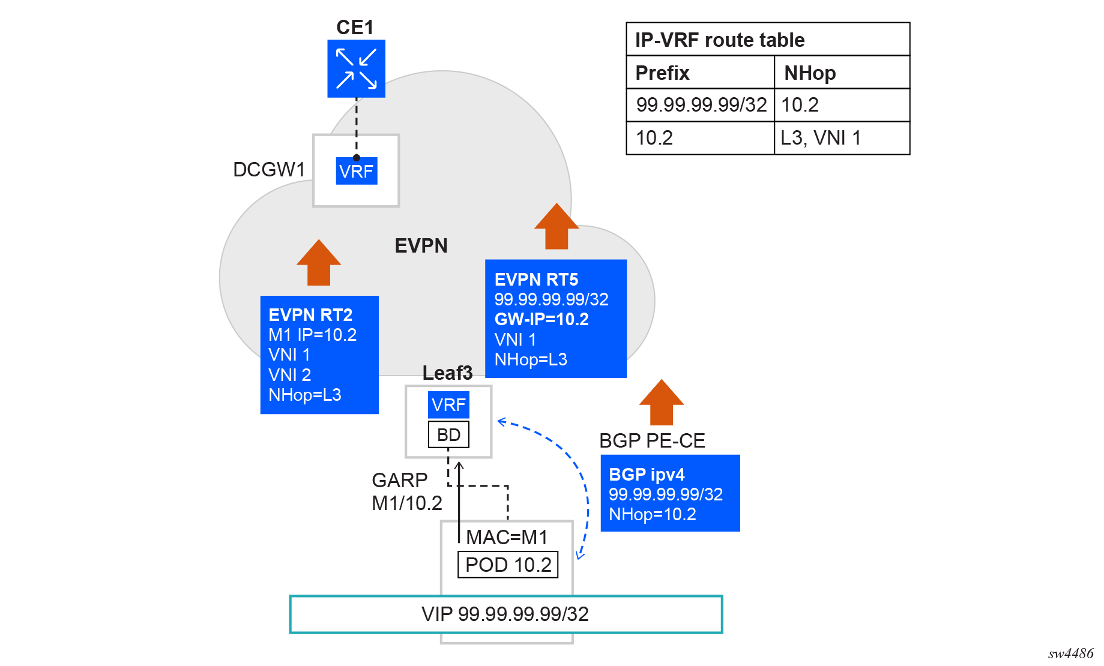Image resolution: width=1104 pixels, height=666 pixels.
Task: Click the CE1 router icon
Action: [356, 68]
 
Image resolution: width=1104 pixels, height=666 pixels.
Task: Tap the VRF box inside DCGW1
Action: [356, 171]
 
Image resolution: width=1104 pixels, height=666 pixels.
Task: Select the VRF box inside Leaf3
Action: [448, 405]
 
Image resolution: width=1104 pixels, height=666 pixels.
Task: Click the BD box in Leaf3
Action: [448, 434]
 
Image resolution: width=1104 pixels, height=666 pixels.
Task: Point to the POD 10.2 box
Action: [508, 565]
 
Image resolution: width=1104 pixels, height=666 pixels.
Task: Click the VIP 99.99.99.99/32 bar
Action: [505, 614]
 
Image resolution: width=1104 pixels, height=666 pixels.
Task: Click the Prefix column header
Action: [662, 73]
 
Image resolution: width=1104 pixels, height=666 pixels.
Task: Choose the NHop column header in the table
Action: [810, 73]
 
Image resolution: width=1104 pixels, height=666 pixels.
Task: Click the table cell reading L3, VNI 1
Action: [821, 138]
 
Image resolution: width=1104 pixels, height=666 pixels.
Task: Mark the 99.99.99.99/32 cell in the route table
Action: [701, 105]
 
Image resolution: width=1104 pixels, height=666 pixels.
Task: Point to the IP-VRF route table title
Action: [720, 40]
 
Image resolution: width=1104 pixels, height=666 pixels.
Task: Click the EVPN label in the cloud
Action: [421, 245]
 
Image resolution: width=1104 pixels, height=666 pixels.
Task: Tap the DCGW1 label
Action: [269, 170]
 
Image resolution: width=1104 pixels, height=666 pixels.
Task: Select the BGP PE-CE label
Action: [652, 440]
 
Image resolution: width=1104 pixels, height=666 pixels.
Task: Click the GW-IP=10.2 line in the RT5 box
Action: [541, 319]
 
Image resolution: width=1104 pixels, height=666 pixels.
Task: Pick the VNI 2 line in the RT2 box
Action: [289, 375]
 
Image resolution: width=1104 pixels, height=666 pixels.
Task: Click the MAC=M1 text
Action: [507, 537]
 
